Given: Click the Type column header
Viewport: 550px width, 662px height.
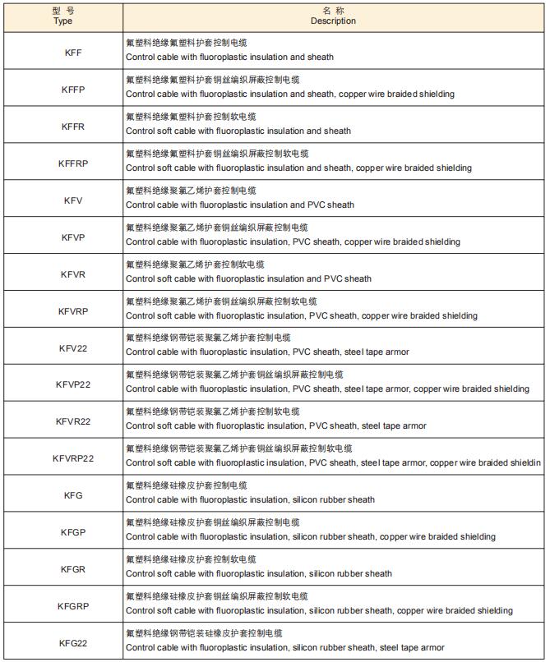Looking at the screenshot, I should pyautogui.click(x=62, y=16).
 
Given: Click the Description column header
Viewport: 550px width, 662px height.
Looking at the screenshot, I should pyautogui.click(x=333, y=16).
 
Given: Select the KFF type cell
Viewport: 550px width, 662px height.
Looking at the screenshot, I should pyautogui.click(x=72, y=52).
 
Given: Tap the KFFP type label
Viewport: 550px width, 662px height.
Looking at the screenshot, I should pyautogui.click(x=72, y=89).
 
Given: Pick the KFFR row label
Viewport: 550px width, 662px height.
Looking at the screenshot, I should pyautogui.click(x=72, y=126).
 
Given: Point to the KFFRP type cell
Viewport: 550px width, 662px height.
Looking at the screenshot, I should pyautogui.click(x=72, y=163).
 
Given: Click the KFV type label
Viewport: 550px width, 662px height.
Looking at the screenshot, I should pyautogui.click(x=72, y=200).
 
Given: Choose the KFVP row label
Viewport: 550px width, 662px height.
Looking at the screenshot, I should pyautogui.click(x=72, y=237).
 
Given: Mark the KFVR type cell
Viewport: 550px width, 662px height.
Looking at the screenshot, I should pyautogui.click(x=72, y=274).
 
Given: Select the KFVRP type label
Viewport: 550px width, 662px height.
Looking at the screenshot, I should pyautogui.click(x=72, y=310).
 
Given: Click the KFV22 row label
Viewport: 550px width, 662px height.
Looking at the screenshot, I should pyautogui.click(x=72, y=347).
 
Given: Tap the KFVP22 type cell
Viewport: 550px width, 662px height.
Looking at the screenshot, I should pyautogui.click(x=72, y=384).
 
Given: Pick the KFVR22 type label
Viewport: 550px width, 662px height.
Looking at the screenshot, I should pyautogui.click(x=72, y=421).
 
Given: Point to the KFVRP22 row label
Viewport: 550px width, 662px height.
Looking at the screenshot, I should pyautogui.click(x=72, y=458).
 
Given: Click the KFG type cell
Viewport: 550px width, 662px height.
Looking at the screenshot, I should pyautogui.click(x=72, y=495).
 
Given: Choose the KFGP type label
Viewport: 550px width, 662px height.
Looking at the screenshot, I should pyautogui.click(x=72, y=532).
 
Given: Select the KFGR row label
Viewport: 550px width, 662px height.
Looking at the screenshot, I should pyautogui.click(x=72, y=569).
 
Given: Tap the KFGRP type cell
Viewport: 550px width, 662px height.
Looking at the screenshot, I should pyautogui.click(x=72, y=606).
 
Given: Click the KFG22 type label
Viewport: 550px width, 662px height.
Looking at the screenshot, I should pyautogui.click(x=72, y=643).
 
